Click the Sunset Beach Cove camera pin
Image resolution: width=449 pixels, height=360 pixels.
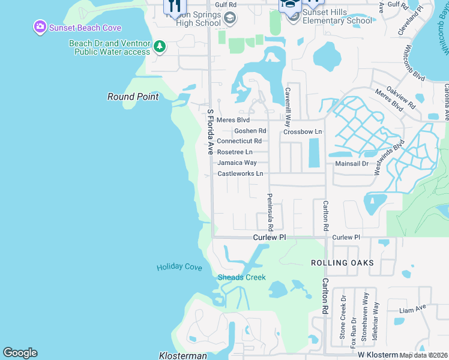(x=40, y=27)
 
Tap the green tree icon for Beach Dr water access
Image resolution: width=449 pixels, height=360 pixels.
(x=160, y=46)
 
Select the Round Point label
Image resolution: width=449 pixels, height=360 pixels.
(x=133, y=97)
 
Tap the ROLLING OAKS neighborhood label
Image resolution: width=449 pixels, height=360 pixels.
(x=342, y=263)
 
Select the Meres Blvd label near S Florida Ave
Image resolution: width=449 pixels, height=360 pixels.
(x=232, y=120)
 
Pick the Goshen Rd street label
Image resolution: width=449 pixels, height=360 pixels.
(x=250, y=130)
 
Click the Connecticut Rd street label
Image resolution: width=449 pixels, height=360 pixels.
(x=239, y=141)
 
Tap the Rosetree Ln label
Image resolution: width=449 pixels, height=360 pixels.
(x=235, y=152)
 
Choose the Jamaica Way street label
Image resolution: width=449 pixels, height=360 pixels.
(x=237, y=163)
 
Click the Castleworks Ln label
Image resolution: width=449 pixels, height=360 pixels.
(x=240, y=173)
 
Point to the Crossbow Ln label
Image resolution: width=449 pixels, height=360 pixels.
(x=303, y=131)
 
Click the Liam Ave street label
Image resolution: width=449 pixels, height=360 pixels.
(x=412, y=308)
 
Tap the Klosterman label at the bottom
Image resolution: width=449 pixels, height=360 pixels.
(x=183, y=356)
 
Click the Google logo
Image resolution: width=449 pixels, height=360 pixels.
(x=20, y=353)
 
